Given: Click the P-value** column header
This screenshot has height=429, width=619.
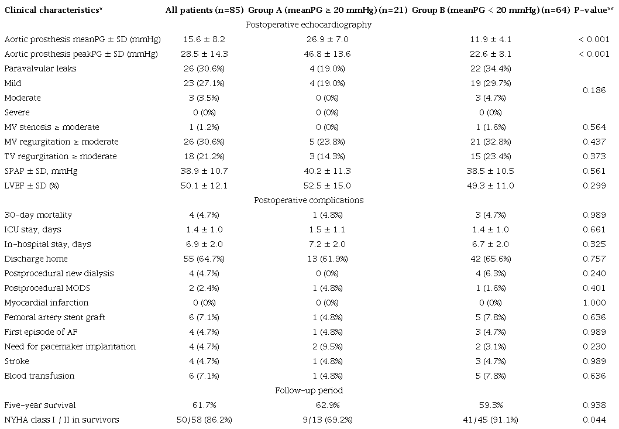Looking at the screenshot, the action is pos(594,11).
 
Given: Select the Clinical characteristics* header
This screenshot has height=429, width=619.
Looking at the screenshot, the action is pos(53,11).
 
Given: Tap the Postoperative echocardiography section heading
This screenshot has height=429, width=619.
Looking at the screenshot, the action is pos(309,25).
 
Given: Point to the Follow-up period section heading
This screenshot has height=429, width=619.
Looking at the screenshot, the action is pos(309,391).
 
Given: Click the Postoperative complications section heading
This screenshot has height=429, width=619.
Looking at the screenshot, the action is pos(309,200).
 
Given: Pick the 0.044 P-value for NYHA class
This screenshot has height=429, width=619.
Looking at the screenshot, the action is pos(594,420).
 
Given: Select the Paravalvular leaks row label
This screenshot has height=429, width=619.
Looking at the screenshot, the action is pos(40,68).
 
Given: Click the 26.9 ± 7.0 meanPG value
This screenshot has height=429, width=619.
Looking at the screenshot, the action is pos(327,39).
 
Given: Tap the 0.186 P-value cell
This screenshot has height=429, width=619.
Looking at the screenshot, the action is pos(594,91).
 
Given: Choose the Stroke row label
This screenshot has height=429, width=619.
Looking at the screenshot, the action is pos(16,362).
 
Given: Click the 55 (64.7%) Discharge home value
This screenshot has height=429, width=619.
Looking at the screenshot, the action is pos(204,259).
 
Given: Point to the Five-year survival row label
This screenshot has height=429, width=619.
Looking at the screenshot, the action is pos(40,406).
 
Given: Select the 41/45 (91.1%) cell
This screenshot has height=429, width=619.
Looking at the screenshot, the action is pos(490,420).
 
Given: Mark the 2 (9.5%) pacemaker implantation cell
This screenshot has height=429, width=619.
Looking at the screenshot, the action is pos(327,347).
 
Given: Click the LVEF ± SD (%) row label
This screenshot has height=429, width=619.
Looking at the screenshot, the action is pos(32,186).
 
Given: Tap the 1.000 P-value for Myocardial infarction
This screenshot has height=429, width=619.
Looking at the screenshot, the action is pos(594,303).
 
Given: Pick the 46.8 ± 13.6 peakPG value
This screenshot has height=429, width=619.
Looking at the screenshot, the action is pos(327,54).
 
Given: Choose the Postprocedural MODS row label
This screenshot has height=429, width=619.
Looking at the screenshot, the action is pos(47,289).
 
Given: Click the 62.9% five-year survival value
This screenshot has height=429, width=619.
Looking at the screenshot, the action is pos(327,406).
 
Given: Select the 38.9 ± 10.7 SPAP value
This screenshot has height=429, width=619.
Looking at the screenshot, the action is pos(204,171).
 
